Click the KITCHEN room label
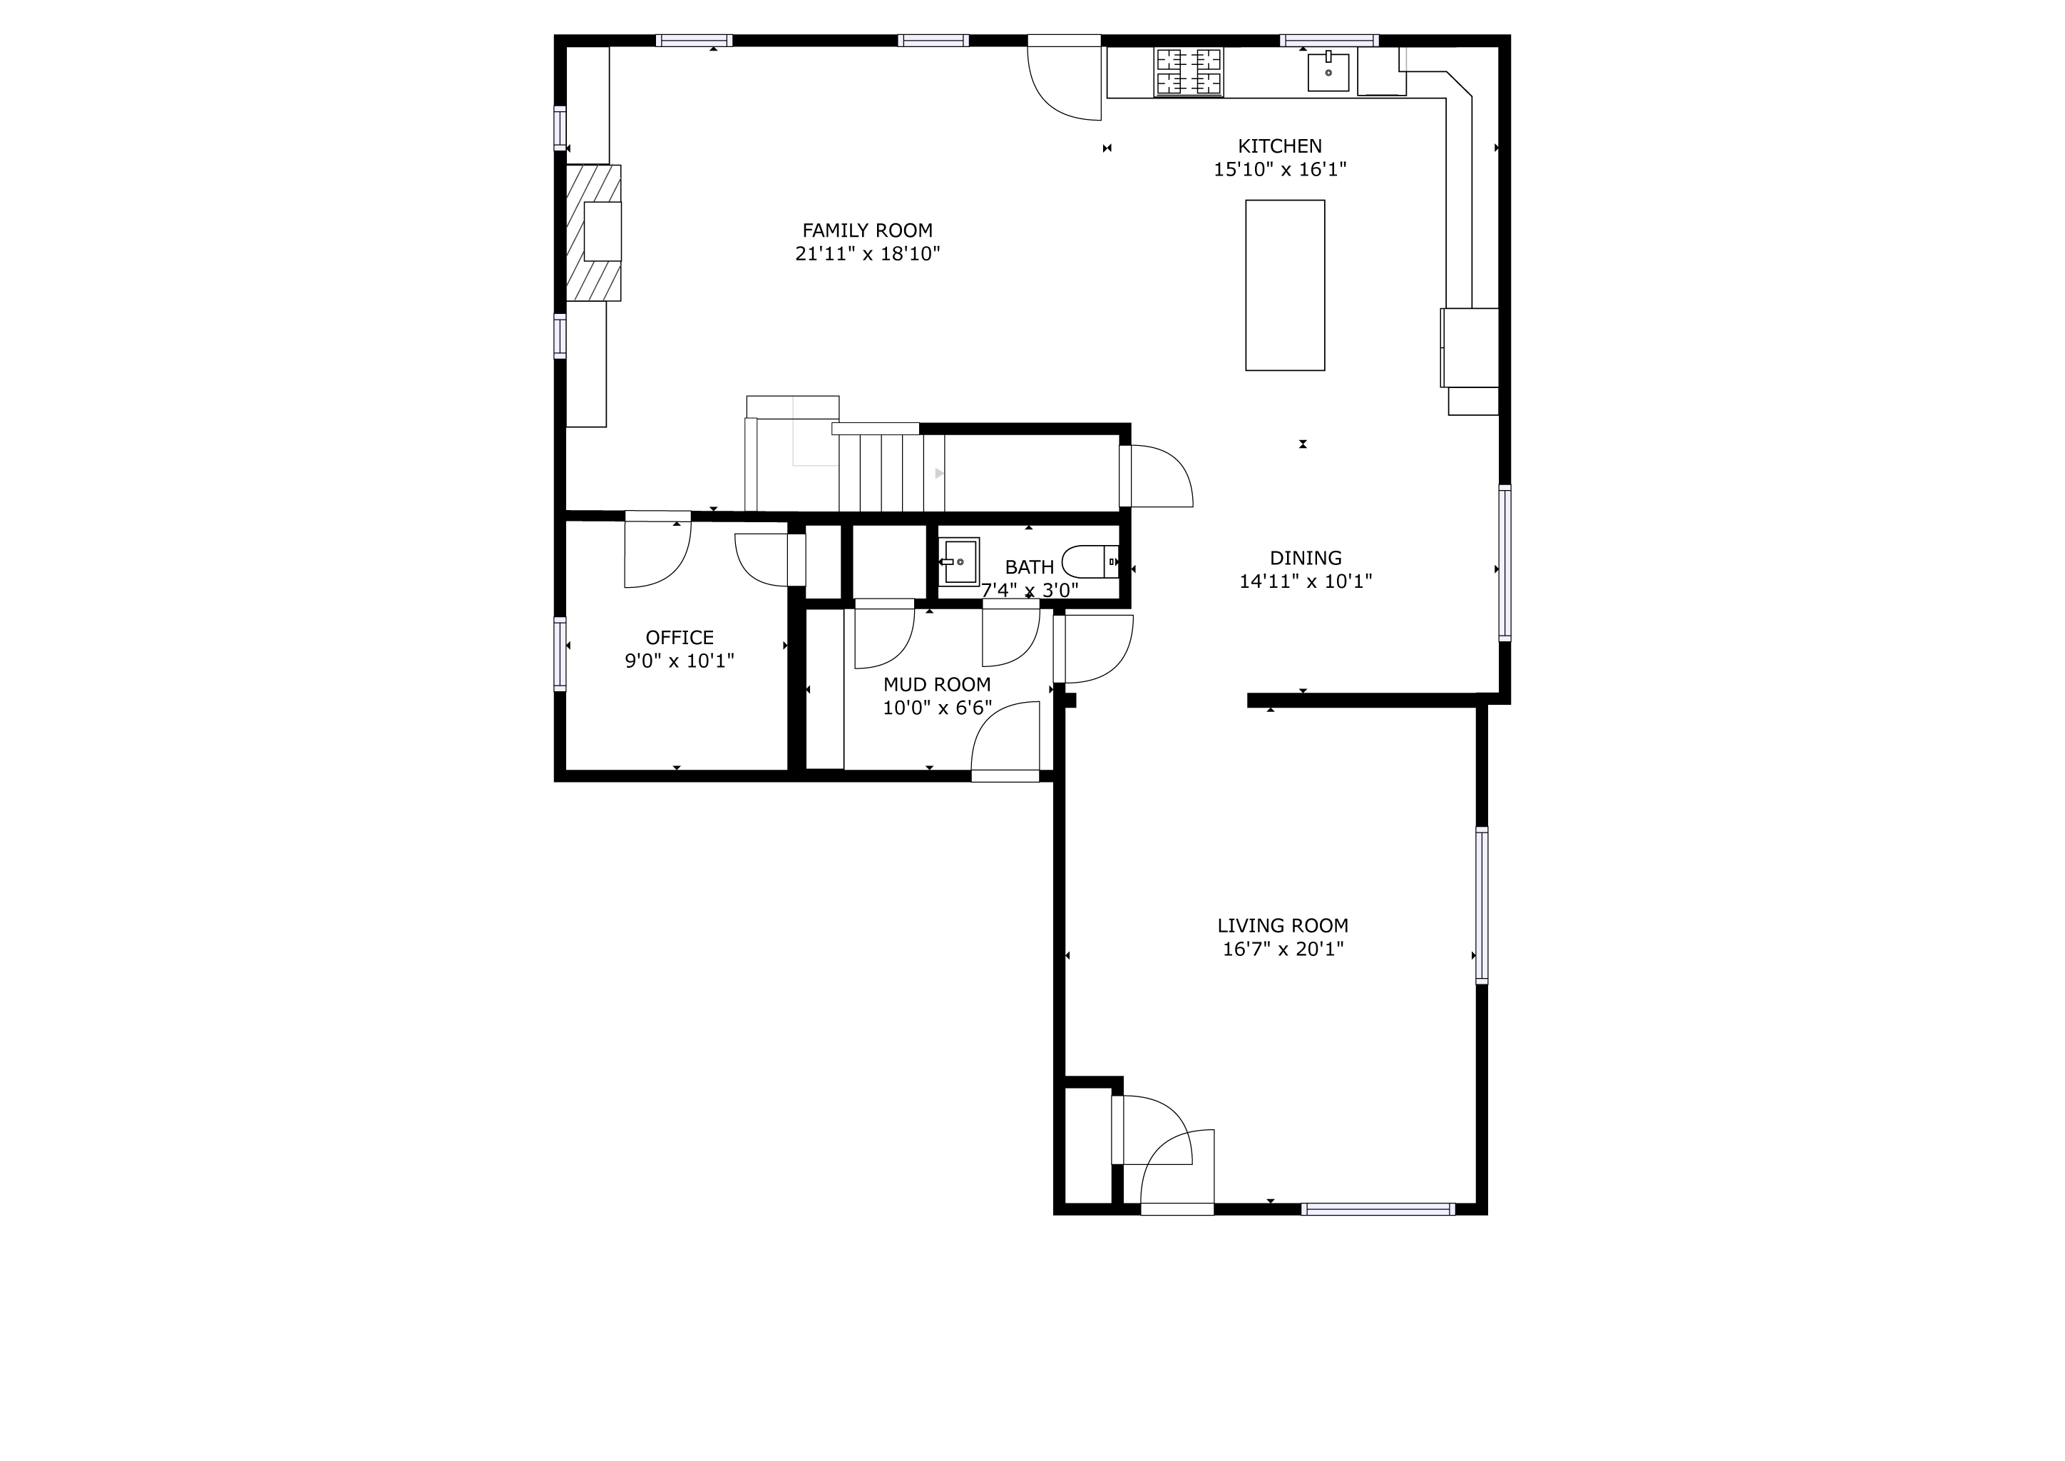1280,146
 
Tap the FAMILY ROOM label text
867,230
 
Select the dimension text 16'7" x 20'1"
1283,948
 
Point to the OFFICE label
680,638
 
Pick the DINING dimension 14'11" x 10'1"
1306,581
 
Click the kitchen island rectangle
1284,285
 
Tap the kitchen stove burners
1189,71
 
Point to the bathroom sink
960,561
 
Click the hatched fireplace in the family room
593,232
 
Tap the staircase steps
891,472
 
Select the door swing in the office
657,554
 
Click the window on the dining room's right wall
1504,562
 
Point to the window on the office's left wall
560,654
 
